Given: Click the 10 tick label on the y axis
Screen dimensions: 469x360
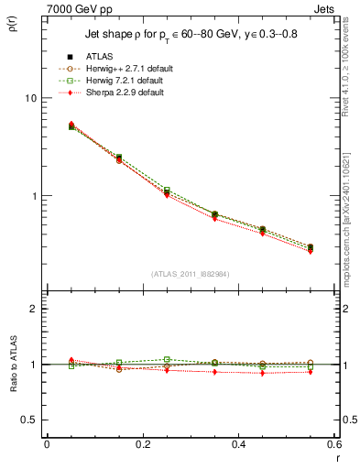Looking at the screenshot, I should (30, 98).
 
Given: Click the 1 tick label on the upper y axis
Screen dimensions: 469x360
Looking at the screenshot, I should (33, 196).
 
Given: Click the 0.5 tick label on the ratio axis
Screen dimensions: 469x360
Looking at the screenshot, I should (28, 420).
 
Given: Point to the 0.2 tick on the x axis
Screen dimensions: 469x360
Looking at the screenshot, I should (141, 443).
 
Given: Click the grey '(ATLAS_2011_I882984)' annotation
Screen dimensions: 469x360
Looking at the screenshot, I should (190, 274).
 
